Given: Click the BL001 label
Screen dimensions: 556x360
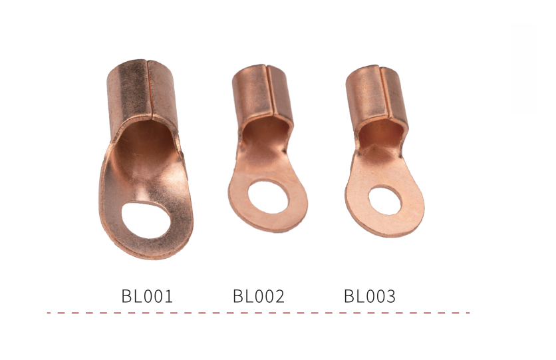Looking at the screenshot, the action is [x=147, y=296].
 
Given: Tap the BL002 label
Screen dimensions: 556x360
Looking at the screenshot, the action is [x=259, y=296].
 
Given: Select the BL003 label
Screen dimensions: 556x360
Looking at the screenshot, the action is [x=370, y=296].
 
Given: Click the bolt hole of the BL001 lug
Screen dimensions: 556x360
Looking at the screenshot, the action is [x=146, y=220].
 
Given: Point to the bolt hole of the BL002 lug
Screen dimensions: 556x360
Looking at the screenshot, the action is [x=268, y=197].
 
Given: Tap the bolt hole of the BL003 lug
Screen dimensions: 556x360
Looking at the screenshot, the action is [x=385, y=201].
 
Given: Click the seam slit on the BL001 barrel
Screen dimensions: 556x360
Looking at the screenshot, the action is [x=150, y=89].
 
